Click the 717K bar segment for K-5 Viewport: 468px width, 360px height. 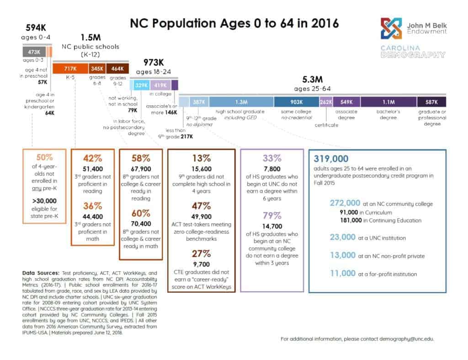(x=70, y=69)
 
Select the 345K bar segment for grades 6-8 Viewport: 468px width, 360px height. (x=97, y=69)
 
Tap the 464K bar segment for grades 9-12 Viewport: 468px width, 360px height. (x=117, y=69)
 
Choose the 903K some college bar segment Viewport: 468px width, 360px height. (x=296, y=102)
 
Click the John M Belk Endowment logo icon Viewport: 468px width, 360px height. (x=392, y=28)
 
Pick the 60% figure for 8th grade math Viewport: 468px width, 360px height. (x=141, y=213)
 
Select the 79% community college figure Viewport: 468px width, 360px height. (x=271, y=215)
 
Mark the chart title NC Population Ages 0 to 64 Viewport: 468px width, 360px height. (x=234, y=23)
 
